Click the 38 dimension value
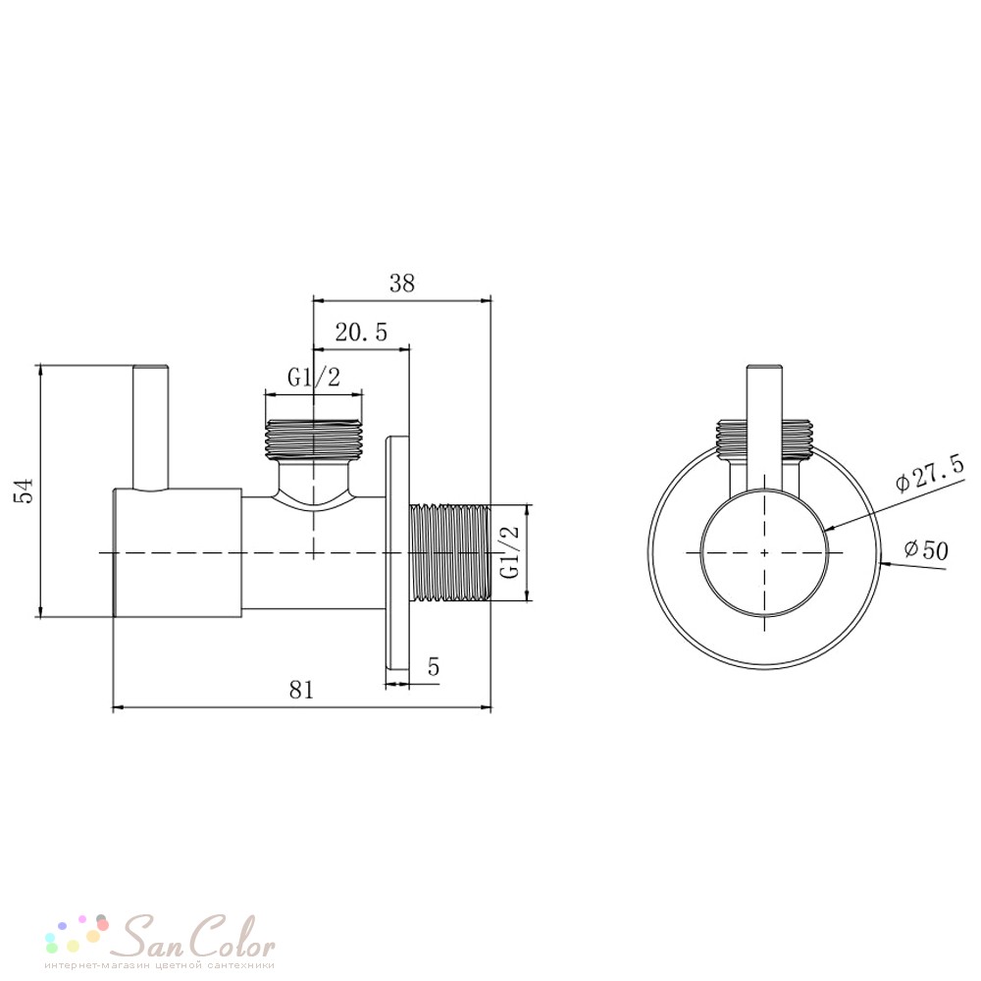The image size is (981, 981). coord(401,284)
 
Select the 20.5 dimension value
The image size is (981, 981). coord(361,332)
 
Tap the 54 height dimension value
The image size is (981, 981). coord(24,490)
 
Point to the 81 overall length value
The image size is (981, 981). coord(301,690)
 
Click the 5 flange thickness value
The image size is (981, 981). coord(434,667)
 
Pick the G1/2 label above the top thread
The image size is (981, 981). coord(314,378)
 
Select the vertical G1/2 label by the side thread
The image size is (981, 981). coord(510,551)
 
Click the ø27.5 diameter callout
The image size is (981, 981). coord(930,474)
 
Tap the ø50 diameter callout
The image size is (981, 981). coord(927,549)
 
